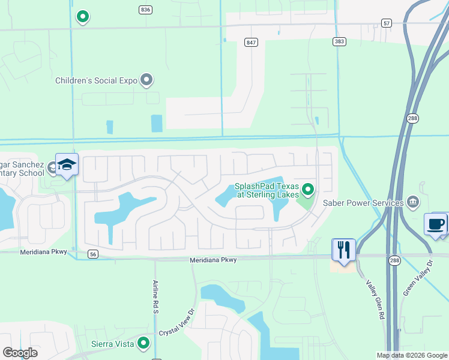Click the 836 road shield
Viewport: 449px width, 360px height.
[145, 10]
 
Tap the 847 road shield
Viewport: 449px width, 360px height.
[251, 42]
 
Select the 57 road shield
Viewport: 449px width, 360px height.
[387, 23]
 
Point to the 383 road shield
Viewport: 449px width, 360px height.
[340, 41]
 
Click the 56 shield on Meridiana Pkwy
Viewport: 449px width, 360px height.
[92, 254]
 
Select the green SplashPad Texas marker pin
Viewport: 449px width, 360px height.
[308, 190]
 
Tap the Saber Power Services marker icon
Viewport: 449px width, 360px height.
[412, 202]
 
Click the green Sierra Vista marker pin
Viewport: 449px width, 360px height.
[143, 343]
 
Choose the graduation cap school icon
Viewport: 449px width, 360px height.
[67, 165]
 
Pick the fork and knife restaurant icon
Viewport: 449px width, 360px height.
[343, 250]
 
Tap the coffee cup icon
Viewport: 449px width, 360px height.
[436, 224]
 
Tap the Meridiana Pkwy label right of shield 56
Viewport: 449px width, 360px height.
[213, 260]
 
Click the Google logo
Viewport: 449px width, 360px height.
[20, 353]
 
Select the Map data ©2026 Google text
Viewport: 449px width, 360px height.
[411, 355]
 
